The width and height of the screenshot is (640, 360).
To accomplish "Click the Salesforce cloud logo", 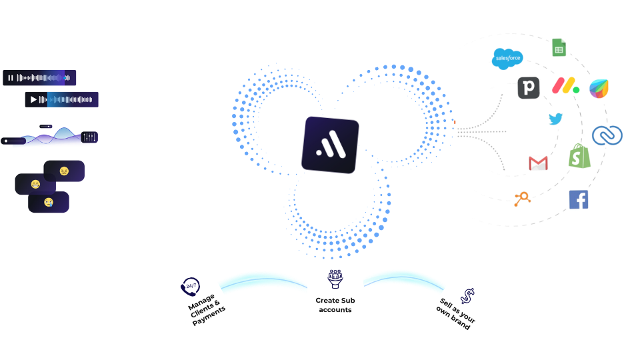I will point(508,59).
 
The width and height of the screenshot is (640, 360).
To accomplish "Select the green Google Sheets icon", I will point(559,47).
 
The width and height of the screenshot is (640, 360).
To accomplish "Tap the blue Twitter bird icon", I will point(556,119).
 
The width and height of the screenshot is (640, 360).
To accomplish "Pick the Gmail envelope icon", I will point(538,163).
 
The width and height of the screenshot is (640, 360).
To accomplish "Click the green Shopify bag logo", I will point(579,157).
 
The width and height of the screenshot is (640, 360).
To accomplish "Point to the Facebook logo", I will point(579,199).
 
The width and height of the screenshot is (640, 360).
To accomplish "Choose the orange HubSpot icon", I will point(521,198).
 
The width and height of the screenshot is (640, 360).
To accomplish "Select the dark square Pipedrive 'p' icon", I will point(529,87).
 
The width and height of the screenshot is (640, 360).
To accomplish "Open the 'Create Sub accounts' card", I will point(335,290).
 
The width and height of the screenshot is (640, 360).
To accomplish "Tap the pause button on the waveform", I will point(11,78).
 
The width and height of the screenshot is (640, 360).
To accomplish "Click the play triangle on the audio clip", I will point(33,100).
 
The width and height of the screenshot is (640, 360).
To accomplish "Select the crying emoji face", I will point(49,202).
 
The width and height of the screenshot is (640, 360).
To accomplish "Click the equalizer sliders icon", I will point(89,137).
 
